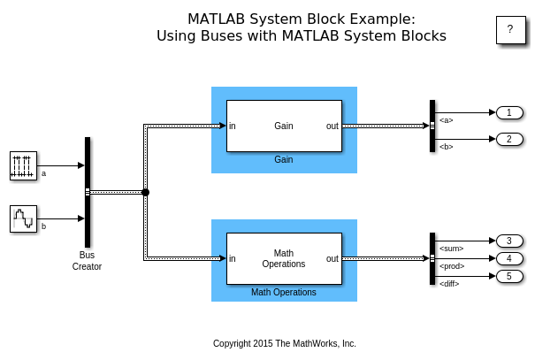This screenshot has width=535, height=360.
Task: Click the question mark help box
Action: click(509, 29)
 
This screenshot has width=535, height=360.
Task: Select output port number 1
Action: click(509, 112)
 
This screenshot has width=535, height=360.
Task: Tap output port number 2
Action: click(509, 139)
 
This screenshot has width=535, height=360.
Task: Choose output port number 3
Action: click(509, 241)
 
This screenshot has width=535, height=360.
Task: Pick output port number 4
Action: click(509, 258)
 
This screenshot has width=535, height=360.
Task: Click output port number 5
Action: click(509, 276)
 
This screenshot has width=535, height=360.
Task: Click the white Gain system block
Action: click(284, 126)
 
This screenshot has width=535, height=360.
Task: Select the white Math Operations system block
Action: click(284, 258)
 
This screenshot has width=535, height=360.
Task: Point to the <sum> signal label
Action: click(452, 249)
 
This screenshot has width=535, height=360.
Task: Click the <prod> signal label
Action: click(453, 266)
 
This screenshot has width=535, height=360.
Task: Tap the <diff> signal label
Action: click(450, 283)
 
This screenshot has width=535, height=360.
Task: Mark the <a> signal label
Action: click(447, 119)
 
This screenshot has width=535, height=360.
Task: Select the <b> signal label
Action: click(447, 146)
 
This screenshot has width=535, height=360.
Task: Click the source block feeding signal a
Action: click(23, 165)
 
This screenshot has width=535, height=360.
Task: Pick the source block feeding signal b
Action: click(23, 218)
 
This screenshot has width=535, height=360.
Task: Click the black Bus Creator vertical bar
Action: click(88, 192)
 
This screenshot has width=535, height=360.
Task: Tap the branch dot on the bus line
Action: click(145, 192)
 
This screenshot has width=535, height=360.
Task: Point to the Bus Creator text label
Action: click(87, 260)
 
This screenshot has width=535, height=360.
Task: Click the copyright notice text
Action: click(284, 343)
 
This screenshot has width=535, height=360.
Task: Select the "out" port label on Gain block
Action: click(332, 126)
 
